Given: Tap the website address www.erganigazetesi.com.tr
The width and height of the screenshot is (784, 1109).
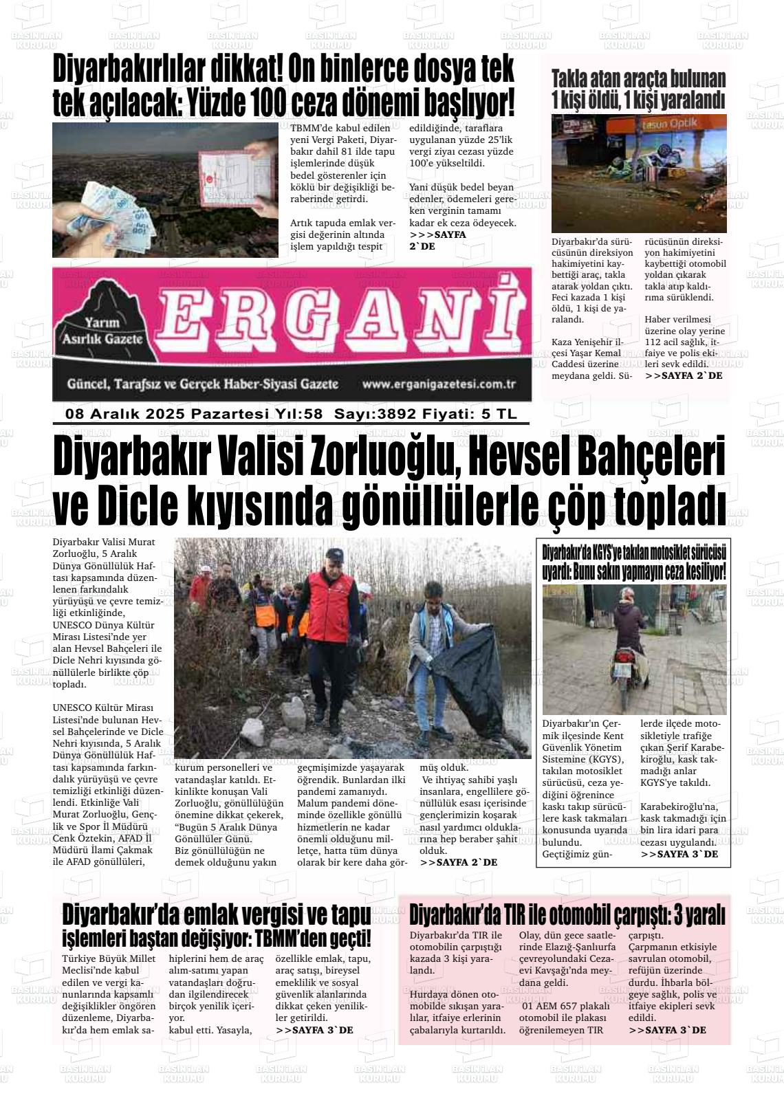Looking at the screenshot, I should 439,384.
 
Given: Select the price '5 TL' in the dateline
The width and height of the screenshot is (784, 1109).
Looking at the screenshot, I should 498,414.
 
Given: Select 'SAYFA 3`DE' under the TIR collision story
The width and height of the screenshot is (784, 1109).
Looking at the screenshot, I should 667,1030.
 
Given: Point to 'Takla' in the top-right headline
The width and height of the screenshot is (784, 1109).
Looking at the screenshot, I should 573,80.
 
